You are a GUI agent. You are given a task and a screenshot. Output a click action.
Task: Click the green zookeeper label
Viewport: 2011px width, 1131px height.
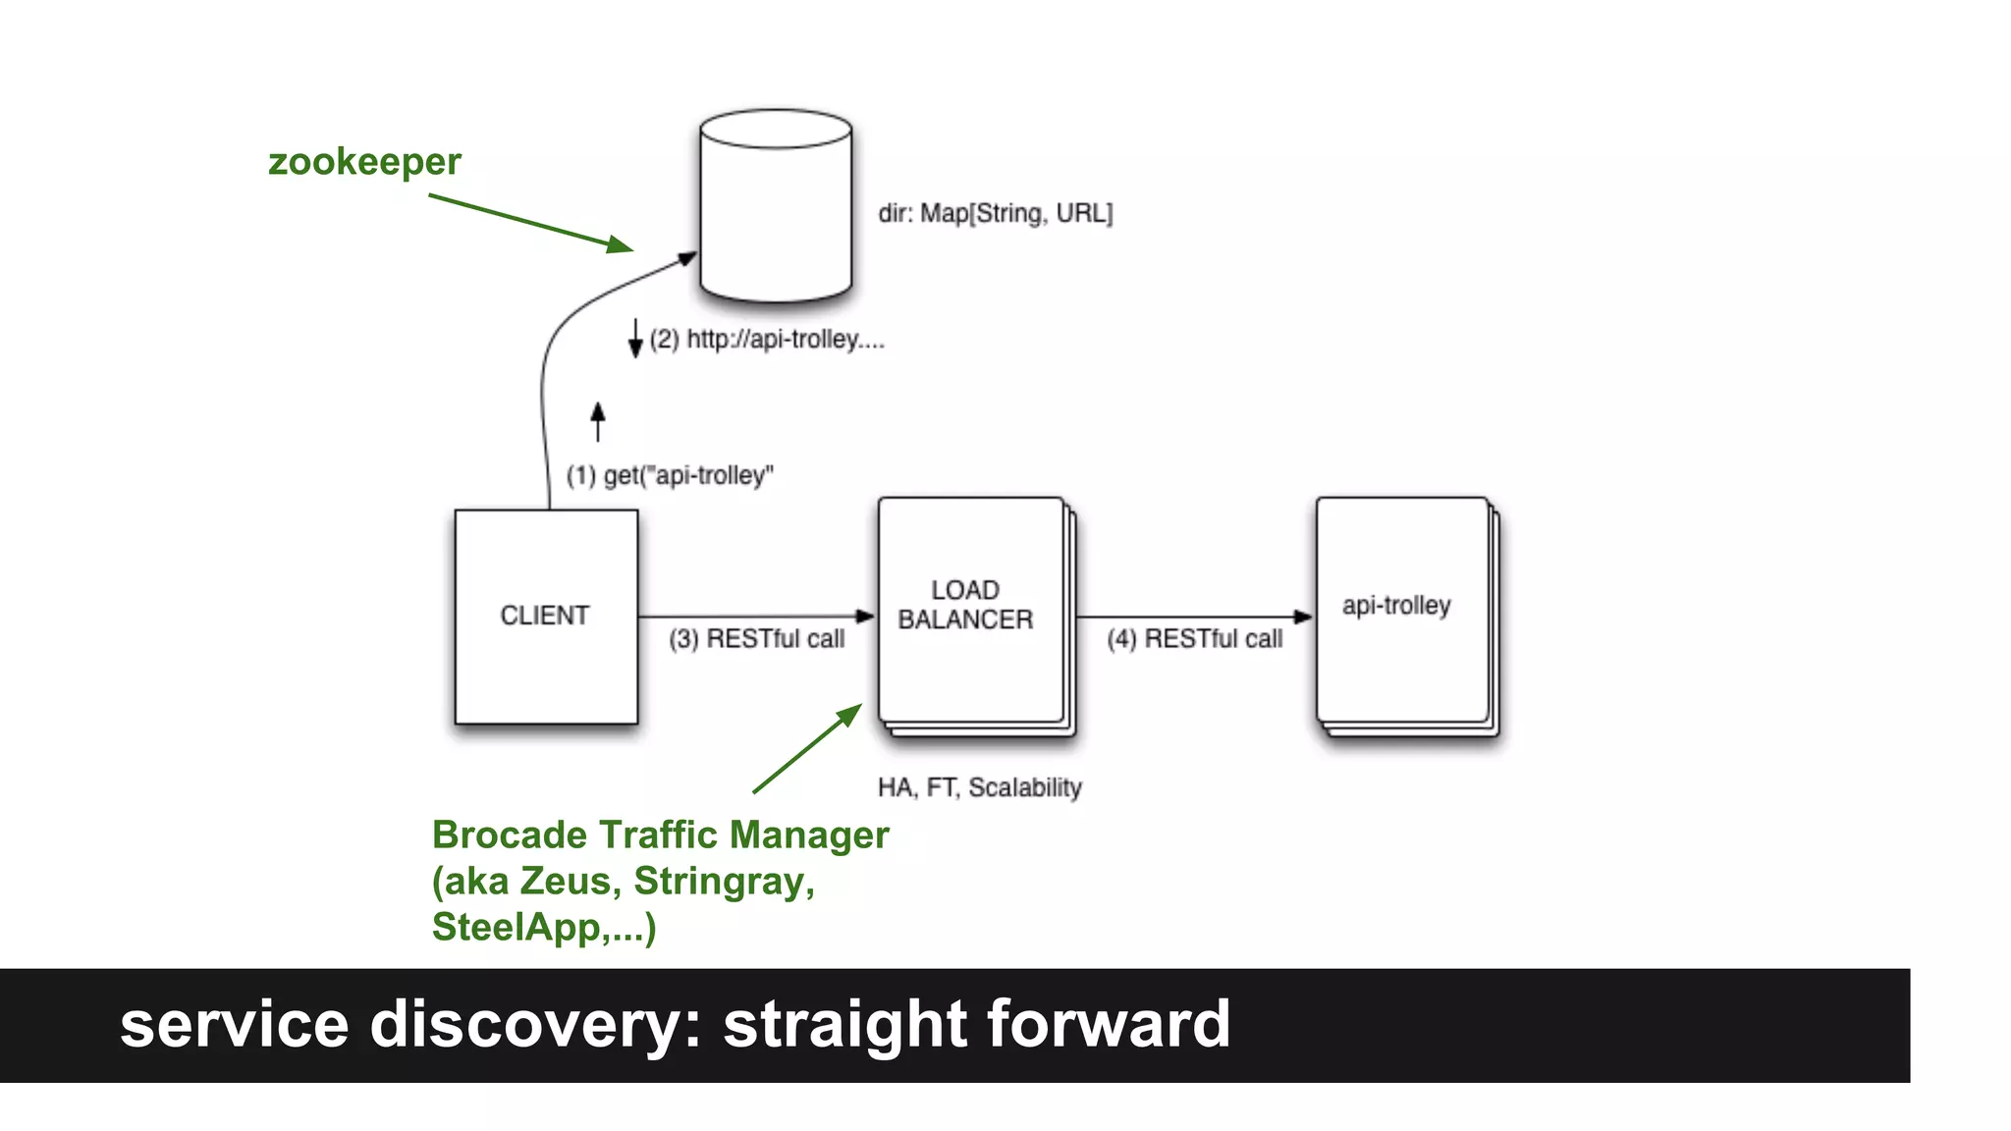pyautogui.click(x=364, y=162)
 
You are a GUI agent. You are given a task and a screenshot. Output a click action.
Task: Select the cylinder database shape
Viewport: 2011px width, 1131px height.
pyautogui.click(x=776, y=206)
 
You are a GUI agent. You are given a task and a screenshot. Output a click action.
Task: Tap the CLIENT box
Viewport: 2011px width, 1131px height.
pyautogui.click(x=546, y=617)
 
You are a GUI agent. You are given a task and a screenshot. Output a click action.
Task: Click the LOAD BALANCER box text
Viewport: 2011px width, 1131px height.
pyautogui.click(x=965, y=605)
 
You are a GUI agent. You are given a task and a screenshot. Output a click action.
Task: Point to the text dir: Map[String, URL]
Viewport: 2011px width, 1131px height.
pyautogui.click(x=995, y=213)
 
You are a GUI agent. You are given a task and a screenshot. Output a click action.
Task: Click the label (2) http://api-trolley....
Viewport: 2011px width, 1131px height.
pyautogui.click(x=767, y=340)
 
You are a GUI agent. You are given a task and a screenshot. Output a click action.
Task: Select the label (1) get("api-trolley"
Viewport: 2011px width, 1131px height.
pyautogui.click(x=670, y=476)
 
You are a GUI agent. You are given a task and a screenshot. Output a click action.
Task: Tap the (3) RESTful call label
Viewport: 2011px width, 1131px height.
pyautogui.click(x=756, y=639)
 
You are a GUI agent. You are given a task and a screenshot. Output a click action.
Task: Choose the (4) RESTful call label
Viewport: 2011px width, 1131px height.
pyautogui.click(x=1194, y=639)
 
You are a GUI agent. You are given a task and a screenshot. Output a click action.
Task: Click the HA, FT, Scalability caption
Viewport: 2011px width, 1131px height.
pyautogui.click(x=979, y=787)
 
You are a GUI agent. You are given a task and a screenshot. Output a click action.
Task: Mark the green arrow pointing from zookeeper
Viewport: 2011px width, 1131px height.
pyautogui.click(x=530, y=223)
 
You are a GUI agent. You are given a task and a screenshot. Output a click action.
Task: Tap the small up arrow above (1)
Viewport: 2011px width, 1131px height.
pyautogui.click(x=598, y=421)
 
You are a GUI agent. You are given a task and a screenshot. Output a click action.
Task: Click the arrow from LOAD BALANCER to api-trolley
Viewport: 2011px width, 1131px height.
pyautogui.click(x=1192, y=617)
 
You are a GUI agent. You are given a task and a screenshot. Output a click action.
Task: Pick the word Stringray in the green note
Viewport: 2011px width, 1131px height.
pyautogui.click(x=724, y=882)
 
